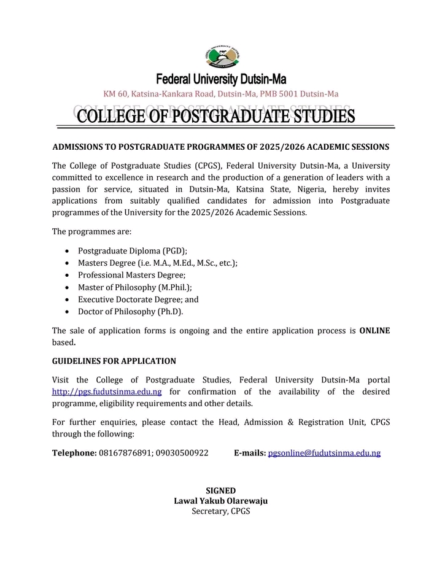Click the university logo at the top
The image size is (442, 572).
click(x=221, y=58)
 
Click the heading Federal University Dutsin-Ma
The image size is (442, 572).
click(x=221, y=79)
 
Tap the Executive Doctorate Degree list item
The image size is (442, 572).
click(x=138, y=300)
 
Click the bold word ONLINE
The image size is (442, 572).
click(x=374, y=331)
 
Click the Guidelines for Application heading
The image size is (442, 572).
click(x=114, y=361)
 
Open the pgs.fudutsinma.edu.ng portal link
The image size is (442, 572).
click(x=107, y=392)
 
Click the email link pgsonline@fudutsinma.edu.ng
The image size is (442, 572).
click(x=324, y=453)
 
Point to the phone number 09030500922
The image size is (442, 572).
click(x=182, y=453)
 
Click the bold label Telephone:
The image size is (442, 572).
click(x=74, y=453)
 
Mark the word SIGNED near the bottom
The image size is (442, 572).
click(x=220, y=490)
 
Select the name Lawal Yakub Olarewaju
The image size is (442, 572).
click(x=220, y=501)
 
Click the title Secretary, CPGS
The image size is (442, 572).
click(x=220, y=511)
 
